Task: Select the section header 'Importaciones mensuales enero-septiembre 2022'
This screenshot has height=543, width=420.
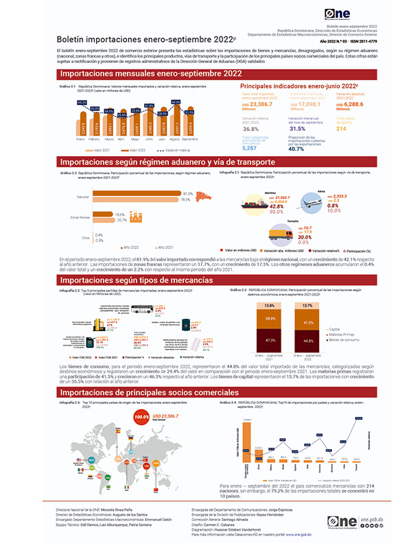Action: pyautogui.click(x=151, y=73)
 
